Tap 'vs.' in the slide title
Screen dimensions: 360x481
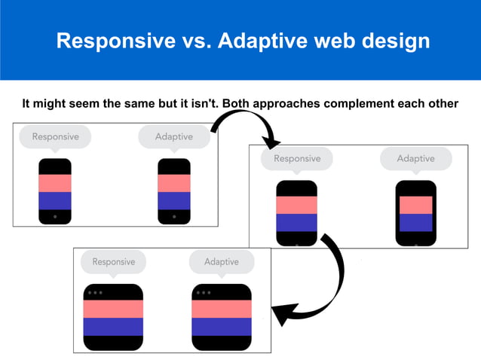click(x=192, y=41)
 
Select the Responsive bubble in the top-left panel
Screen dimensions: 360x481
click(x=55, y=137)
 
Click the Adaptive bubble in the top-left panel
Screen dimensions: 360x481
click(x=173, y=137)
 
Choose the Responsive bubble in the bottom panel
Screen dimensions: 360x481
click(x=113, y=262)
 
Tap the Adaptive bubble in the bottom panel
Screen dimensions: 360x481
click(x=221, y=262)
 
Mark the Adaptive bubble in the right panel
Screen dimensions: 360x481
click(x=415, y=159)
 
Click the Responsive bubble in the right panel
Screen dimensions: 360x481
click(x=296, y=159)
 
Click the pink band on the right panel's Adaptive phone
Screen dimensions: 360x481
click(x=415, y=205)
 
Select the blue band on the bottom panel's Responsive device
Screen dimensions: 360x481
click(x=113, y=326)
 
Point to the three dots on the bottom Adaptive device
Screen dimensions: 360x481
click(x=203, y=292)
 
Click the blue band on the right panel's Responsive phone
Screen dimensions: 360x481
click(x=296, y=223)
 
